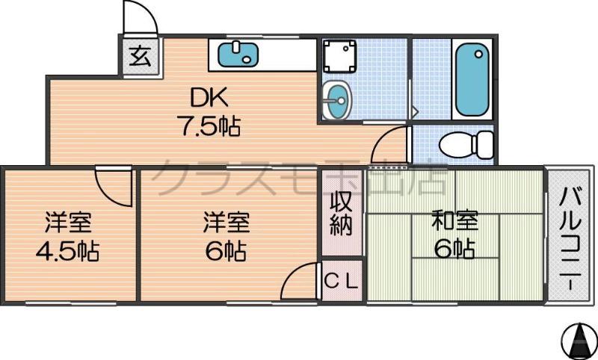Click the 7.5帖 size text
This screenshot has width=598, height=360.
(x=208, y=127)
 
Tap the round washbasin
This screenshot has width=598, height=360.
(x=337, y=102)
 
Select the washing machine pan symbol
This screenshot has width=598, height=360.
(x=340, y=58)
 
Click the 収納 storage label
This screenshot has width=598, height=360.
(x=342, y=214)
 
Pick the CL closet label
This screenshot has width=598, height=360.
(x=342, y=282)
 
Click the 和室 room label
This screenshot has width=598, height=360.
(x=454, y=220)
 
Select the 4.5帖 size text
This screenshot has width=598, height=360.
(x=67, y=251)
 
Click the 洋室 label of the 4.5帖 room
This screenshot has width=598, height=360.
(x=67, y=222)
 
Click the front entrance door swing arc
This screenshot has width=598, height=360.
(x=140, y=19)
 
